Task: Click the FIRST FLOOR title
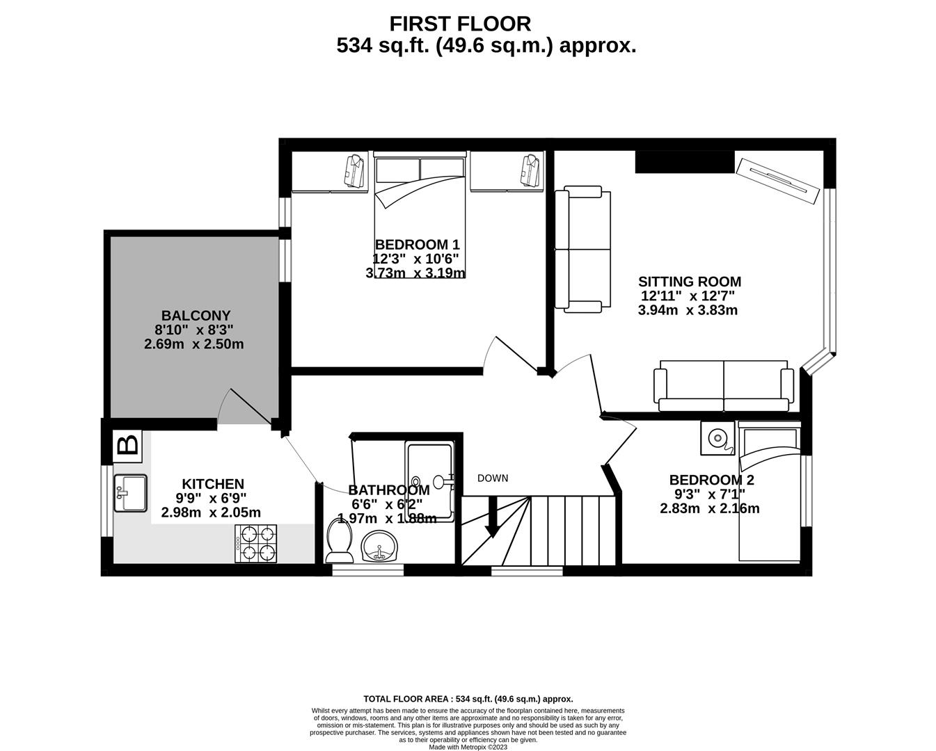(459, 24)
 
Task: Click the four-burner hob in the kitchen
(255, 544)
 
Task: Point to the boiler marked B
(127, 445)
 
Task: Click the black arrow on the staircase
(492, 522)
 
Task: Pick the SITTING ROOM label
(689, 282)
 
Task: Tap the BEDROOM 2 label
(711, 480)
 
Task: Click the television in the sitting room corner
(777, 181)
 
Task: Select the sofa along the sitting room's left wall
(583, 249)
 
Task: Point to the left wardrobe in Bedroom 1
(330, 172)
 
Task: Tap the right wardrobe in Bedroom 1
(506, 172)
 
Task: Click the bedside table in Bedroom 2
(717, 437)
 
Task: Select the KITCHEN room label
(213, 484)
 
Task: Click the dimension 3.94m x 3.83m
(687, 310)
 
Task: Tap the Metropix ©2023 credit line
(468, 747)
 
